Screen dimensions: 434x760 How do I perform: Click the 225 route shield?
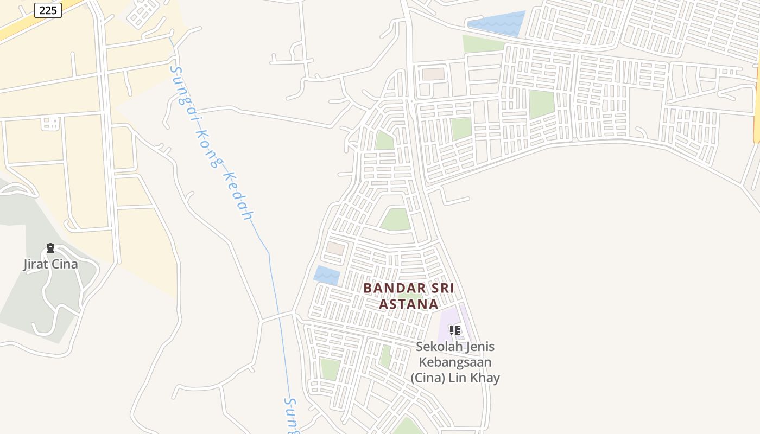coord(48,10)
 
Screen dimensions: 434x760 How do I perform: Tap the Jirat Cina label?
coord(50,264)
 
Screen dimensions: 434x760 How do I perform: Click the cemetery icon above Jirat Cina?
coord(50,248)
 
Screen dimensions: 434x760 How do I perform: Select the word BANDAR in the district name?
coord(390,288)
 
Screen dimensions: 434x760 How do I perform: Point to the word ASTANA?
coord(408,304)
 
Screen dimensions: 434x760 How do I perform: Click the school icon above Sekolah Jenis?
coord(455,330)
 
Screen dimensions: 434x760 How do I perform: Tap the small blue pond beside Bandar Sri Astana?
coord(327,276)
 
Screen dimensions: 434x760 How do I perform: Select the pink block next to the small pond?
coord(335,248)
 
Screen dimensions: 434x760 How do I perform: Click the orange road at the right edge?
coord(756,108)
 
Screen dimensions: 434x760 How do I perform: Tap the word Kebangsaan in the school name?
coord(455,362)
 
